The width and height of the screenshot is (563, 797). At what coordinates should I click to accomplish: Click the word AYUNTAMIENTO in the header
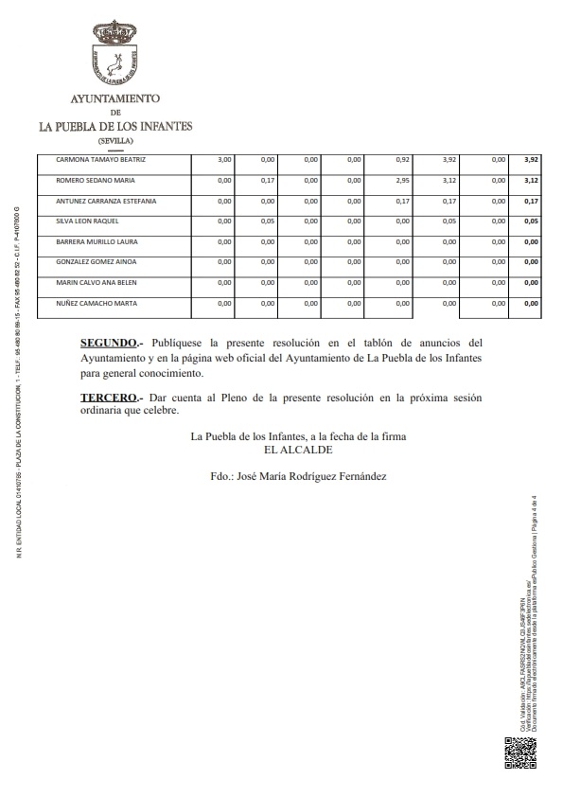[x=115, y=98]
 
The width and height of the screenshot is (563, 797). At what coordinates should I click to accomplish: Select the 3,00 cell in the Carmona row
[x=225, y=159]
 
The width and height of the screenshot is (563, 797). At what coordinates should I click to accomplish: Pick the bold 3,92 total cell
[x=531, y=159]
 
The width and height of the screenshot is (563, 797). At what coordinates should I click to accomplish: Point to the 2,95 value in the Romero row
[x=401, y=180]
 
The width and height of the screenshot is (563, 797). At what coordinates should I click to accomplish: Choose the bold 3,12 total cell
[x=531, y=180]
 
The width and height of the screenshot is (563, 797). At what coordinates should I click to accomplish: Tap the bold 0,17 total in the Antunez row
[x=531, y=201]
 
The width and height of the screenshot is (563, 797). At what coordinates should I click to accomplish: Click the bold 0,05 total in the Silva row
[x=531, y=221]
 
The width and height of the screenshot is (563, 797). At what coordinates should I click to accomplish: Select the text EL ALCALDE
[x=286, y=450]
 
